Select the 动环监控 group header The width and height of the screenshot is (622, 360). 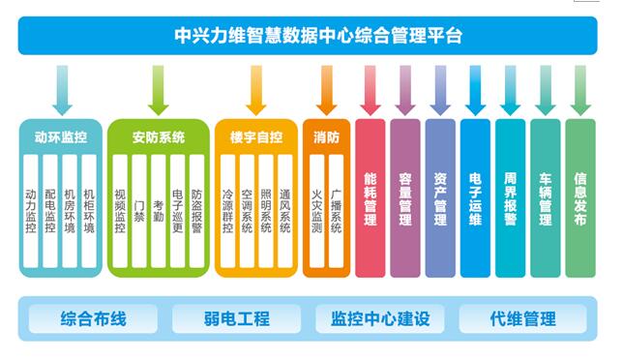[x=60, y=137]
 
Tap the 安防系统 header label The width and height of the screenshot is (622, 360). [x=159, y=137]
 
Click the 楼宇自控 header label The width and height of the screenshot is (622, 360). [x=256, y=137]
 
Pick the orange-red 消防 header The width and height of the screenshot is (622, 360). [x=327, y=137]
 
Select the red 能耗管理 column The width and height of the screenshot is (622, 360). [x=370, y=198]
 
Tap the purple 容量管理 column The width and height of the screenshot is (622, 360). [x=405, y=198]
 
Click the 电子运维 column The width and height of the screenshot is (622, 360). [x=475, y=198]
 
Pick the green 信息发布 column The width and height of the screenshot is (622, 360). [x=580, y=198]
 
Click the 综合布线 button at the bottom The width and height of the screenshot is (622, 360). [x=93, y=318]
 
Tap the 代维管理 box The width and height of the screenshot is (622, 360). [x=523, y=318]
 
